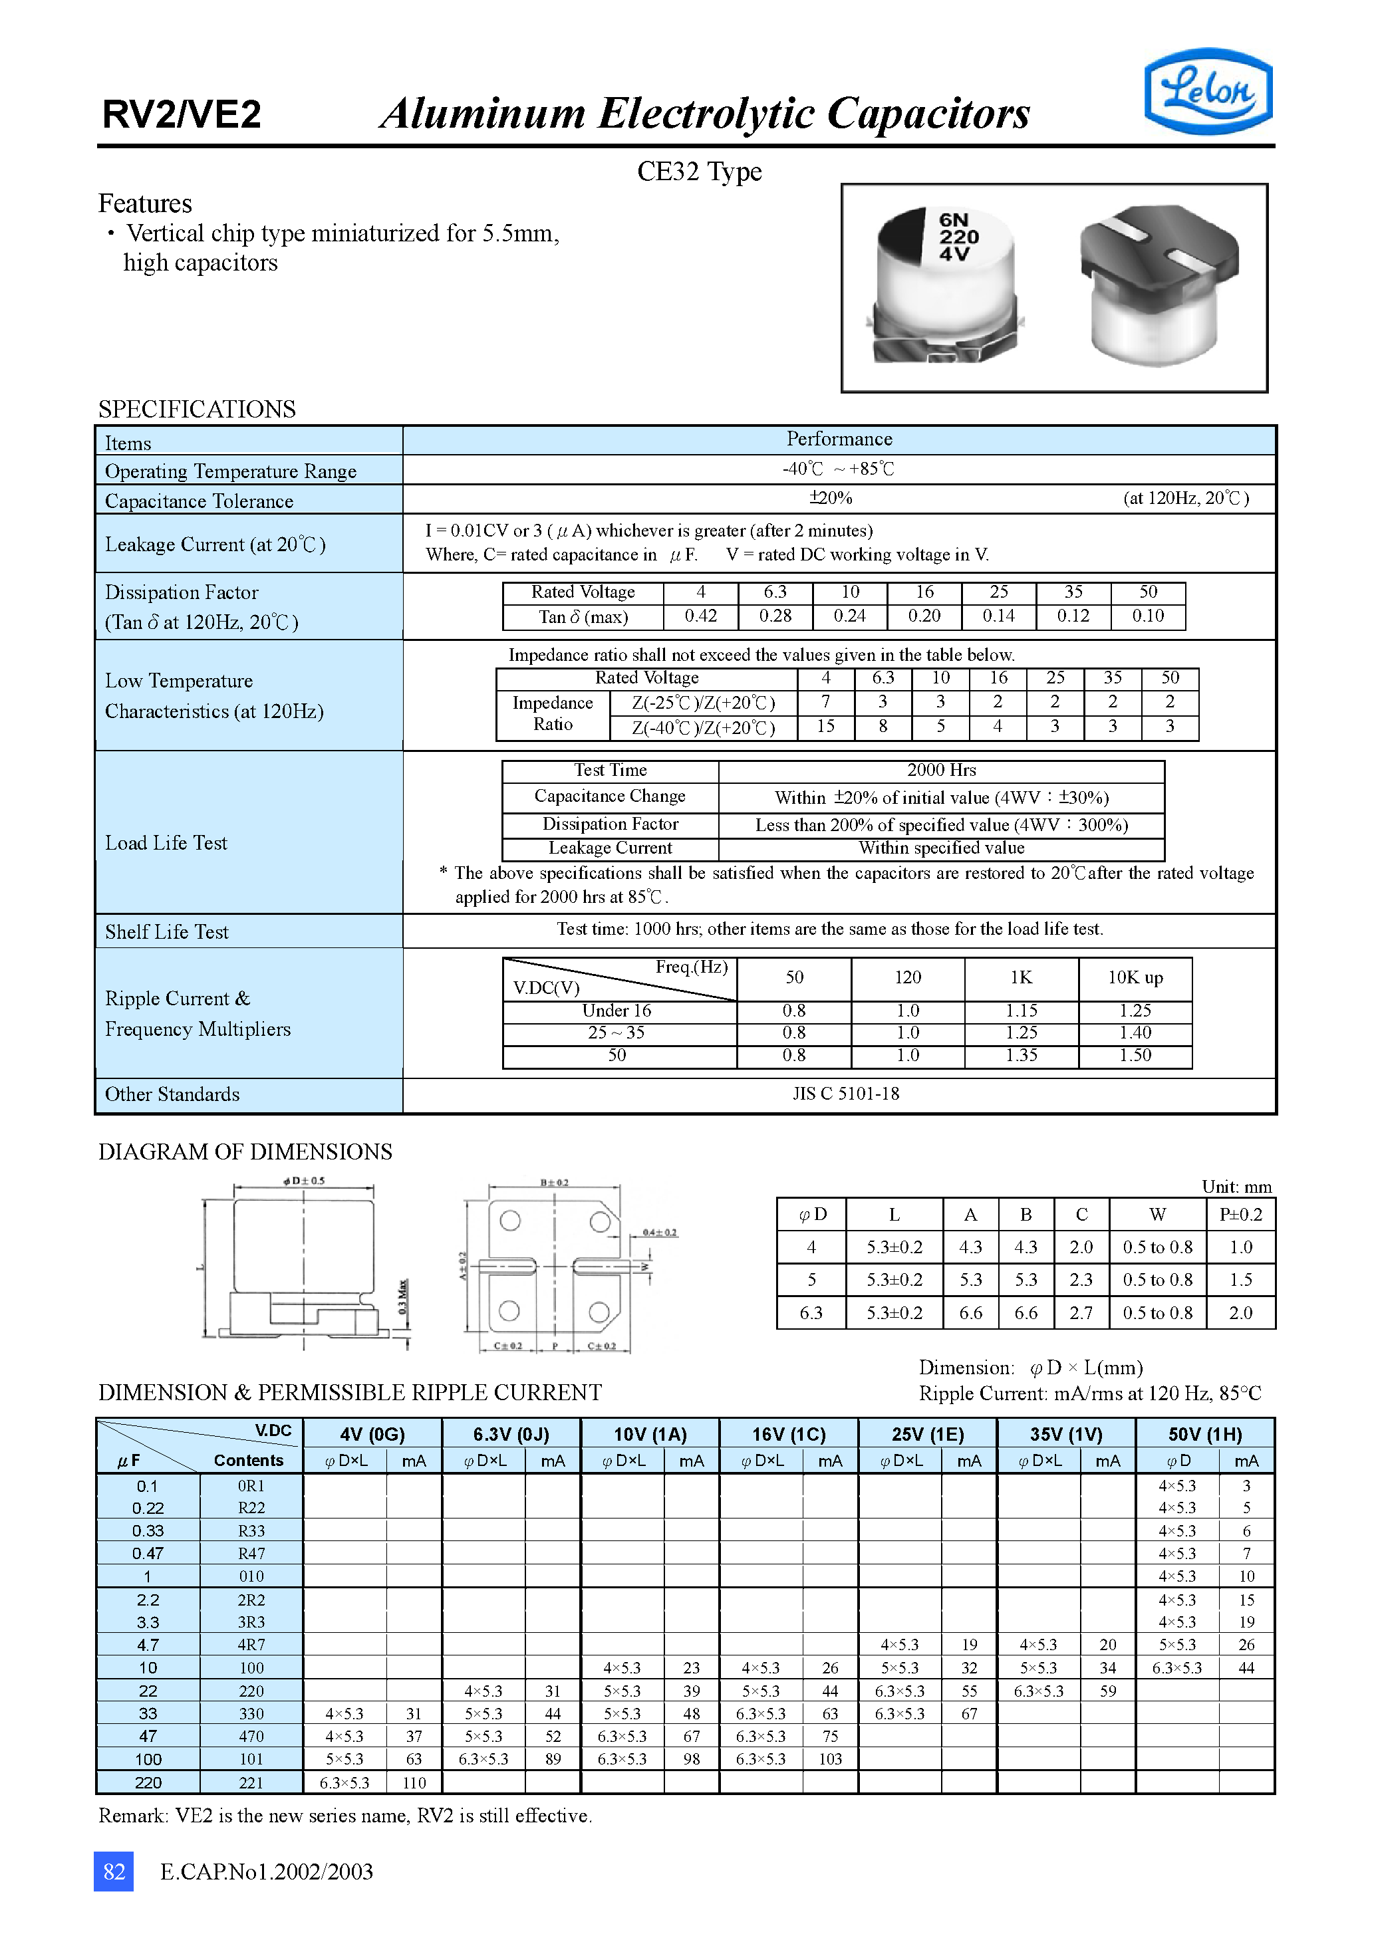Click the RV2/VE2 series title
[182, 114]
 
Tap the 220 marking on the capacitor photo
[958, 237]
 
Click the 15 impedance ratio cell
[825, 727]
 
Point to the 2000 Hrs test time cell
[941, 771]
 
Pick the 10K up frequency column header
[1135, 978]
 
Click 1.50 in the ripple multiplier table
[1135, 1056]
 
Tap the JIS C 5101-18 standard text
[845, 1094]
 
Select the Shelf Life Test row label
[167, 932]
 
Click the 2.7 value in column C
[1081, 1313]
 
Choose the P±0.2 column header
[1240, 1215]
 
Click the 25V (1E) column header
[928, 1434]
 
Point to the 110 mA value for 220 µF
[414, 1783]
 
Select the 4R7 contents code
[251, 1645]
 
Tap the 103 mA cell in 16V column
[829, 1759]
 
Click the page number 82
[114, 1872]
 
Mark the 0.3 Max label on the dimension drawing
[403, 1296]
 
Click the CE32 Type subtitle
[699, 172]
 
